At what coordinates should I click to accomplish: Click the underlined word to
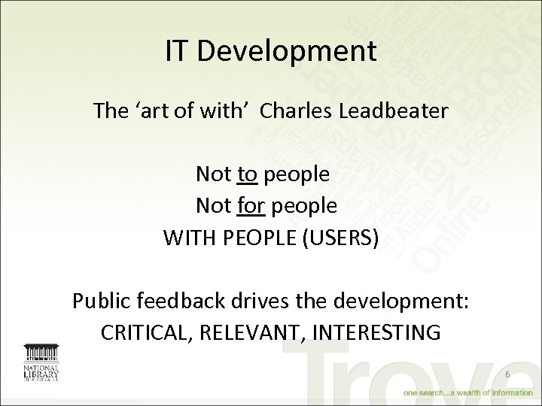247,174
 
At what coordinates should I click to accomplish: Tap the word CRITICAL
146,332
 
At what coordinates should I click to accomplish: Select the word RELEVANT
251,332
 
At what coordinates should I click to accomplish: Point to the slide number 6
507,374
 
